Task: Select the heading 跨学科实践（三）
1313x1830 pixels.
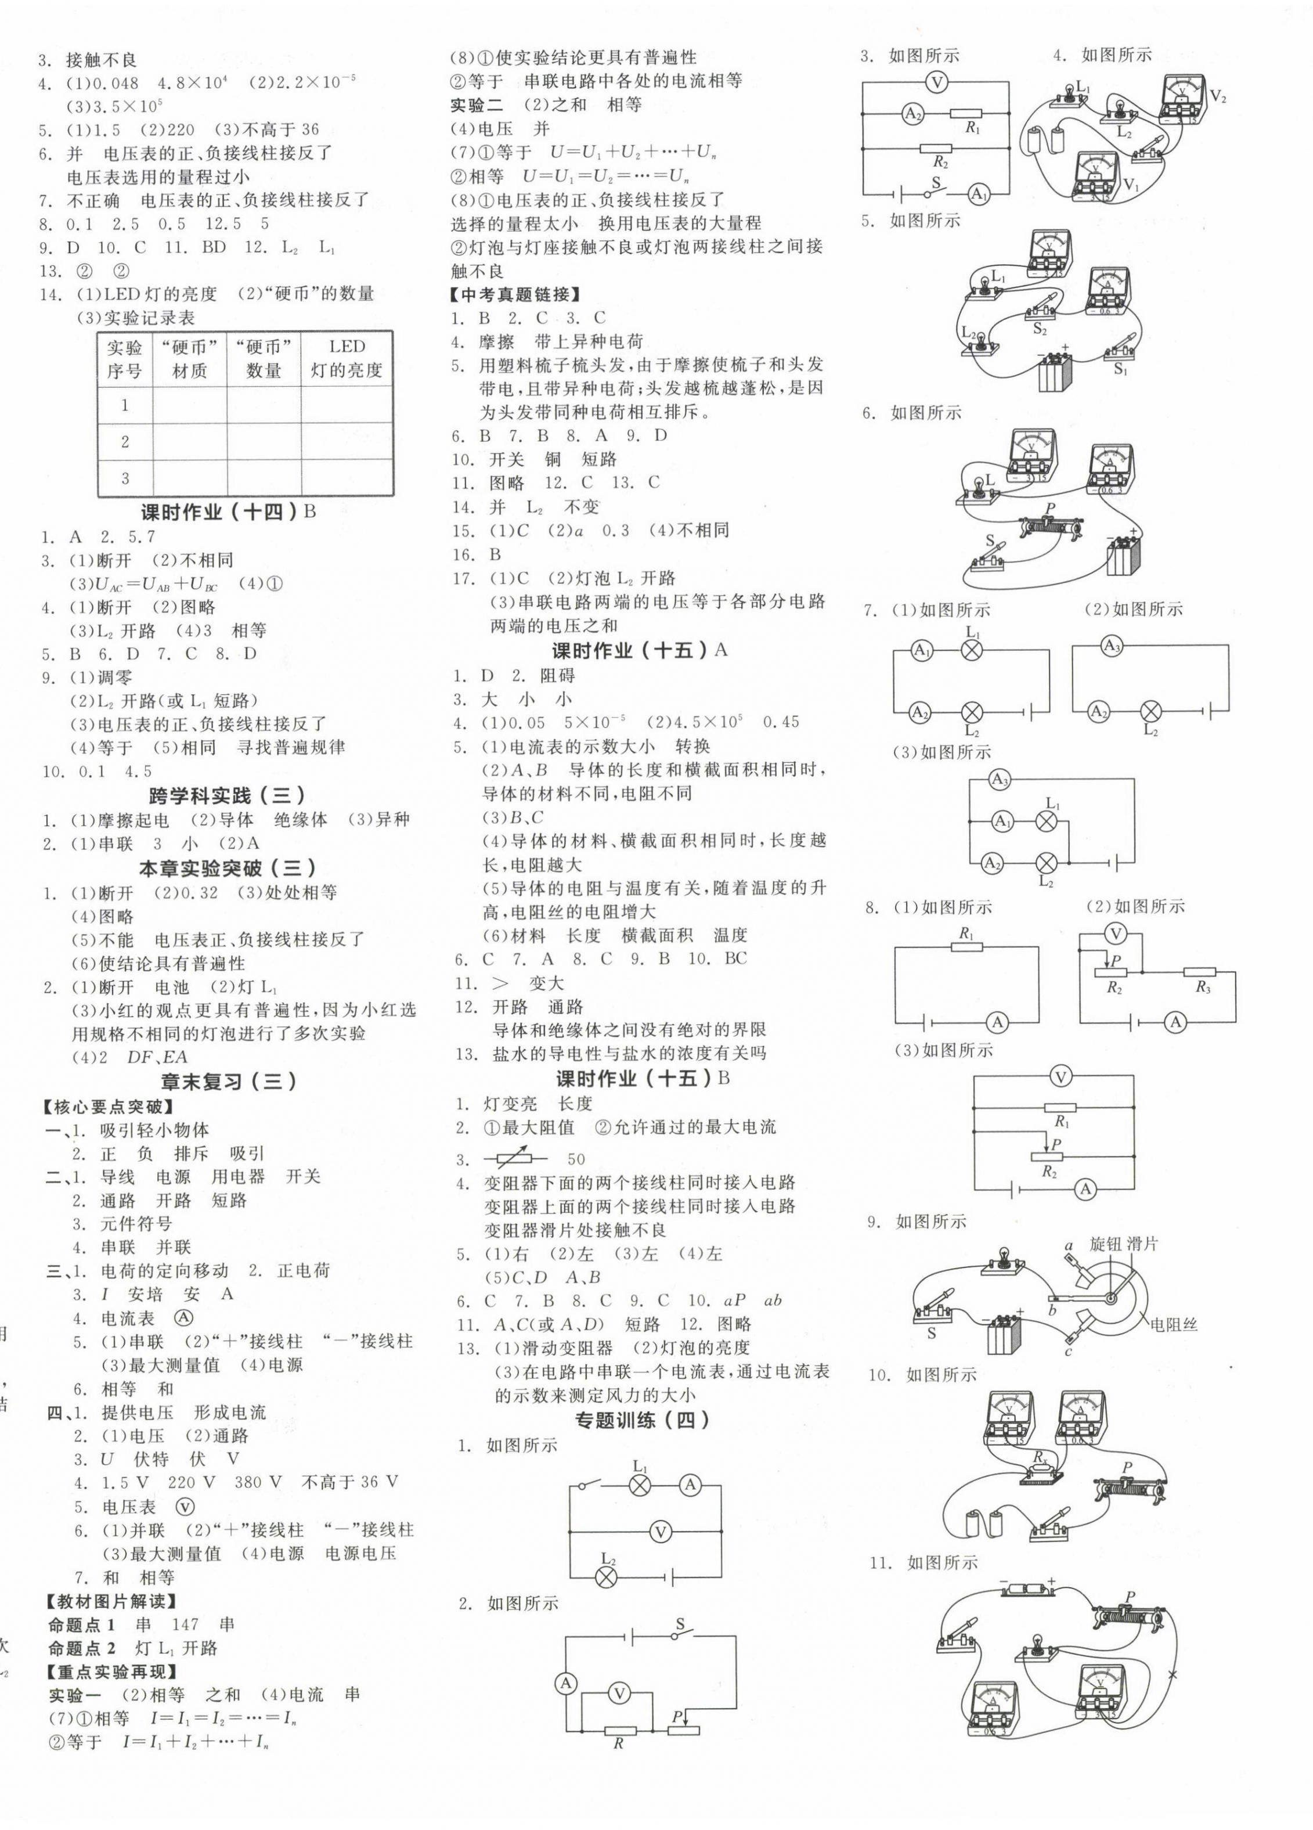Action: coord(226,797)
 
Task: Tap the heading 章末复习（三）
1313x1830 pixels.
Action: coord(228,1081)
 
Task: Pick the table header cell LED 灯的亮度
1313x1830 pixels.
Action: coord(347,358)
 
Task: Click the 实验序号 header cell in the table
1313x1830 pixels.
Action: coord(124,358)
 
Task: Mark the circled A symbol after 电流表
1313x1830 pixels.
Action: coord(185,1317)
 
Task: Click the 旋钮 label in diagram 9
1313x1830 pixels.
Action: coord(1106,1244)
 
